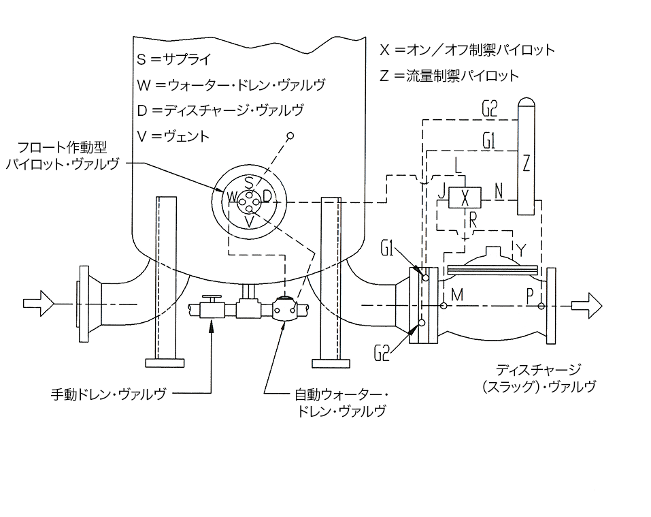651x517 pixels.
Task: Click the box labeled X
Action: [465, 198]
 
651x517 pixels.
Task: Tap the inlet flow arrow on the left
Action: [38, 304]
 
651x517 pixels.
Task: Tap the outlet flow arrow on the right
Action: [586, 305]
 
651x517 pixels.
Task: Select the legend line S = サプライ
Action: [174, 59]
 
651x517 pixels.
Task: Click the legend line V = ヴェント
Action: [173, 136]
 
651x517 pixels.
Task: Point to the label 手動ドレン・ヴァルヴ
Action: [108, 394]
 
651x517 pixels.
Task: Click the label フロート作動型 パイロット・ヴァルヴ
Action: [63, 155]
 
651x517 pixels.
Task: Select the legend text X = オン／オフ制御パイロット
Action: [467, 50]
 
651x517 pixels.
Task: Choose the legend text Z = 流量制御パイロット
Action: [449, 76]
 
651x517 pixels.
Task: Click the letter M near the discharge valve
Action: [456, 295]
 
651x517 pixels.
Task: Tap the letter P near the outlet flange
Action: [530, 296]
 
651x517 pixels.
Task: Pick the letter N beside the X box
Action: [499, 191]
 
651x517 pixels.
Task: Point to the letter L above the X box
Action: [458, 166]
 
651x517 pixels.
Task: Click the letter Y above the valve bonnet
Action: [520, 250]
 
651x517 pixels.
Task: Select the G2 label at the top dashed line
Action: [490, 109]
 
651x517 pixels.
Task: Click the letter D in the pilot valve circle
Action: [267, 195]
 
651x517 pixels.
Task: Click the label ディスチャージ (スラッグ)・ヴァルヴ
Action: [539, 378]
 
